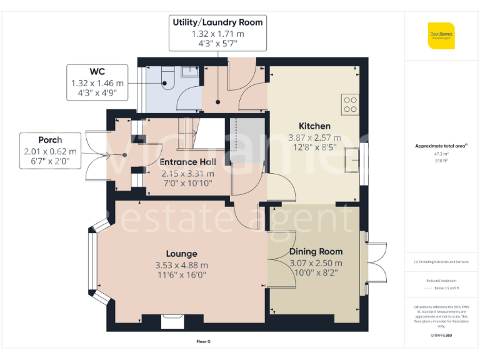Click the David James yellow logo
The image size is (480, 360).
click(441, 36)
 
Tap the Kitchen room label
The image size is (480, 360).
click(314, 126)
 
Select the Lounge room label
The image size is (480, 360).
click(181, 254)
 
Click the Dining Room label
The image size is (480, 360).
click(316, 251)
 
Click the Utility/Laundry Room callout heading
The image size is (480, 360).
click(217, 22)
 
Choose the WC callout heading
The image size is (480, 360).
click(97, 71)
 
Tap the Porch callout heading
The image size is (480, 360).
click(50, 139)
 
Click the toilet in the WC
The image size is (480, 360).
click(166, 79)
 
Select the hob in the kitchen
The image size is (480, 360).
click(350, 104)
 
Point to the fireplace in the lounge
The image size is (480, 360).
click(171, 321)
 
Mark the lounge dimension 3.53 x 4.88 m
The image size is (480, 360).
click(181, 265)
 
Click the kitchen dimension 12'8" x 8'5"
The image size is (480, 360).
click(314, 148)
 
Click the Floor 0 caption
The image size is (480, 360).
click(203, 342)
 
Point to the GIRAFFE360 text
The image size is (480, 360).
click(441, 336)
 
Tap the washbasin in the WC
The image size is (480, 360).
click(189, 72)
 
